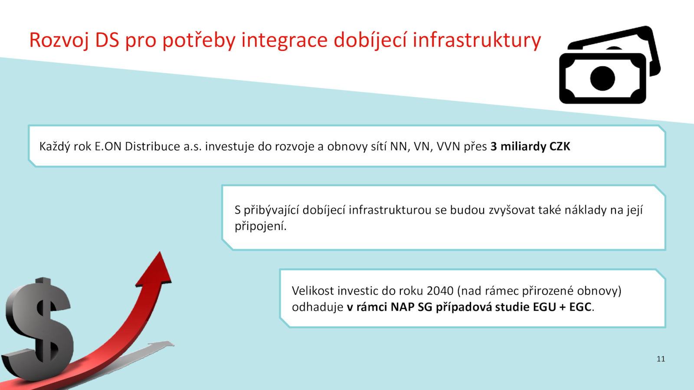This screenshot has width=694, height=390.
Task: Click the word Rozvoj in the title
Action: coord(59,41)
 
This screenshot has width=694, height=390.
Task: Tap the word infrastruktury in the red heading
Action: coord(477,40)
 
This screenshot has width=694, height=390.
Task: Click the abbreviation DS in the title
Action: coord(107,40)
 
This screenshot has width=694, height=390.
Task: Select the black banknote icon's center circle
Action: coord(602,78)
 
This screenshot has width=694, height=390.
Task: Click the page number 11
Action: coord(661,359)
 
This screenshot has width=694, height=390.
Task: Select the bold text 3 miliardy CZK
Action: coord(530,146)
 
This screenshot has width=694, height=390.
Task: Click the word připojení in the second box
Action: coord(260,226)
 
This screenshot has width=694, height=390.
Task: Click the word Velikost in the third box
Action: coord(313,291)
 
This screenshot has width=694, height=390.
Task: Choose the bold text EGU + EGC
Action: coord(562,307)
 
